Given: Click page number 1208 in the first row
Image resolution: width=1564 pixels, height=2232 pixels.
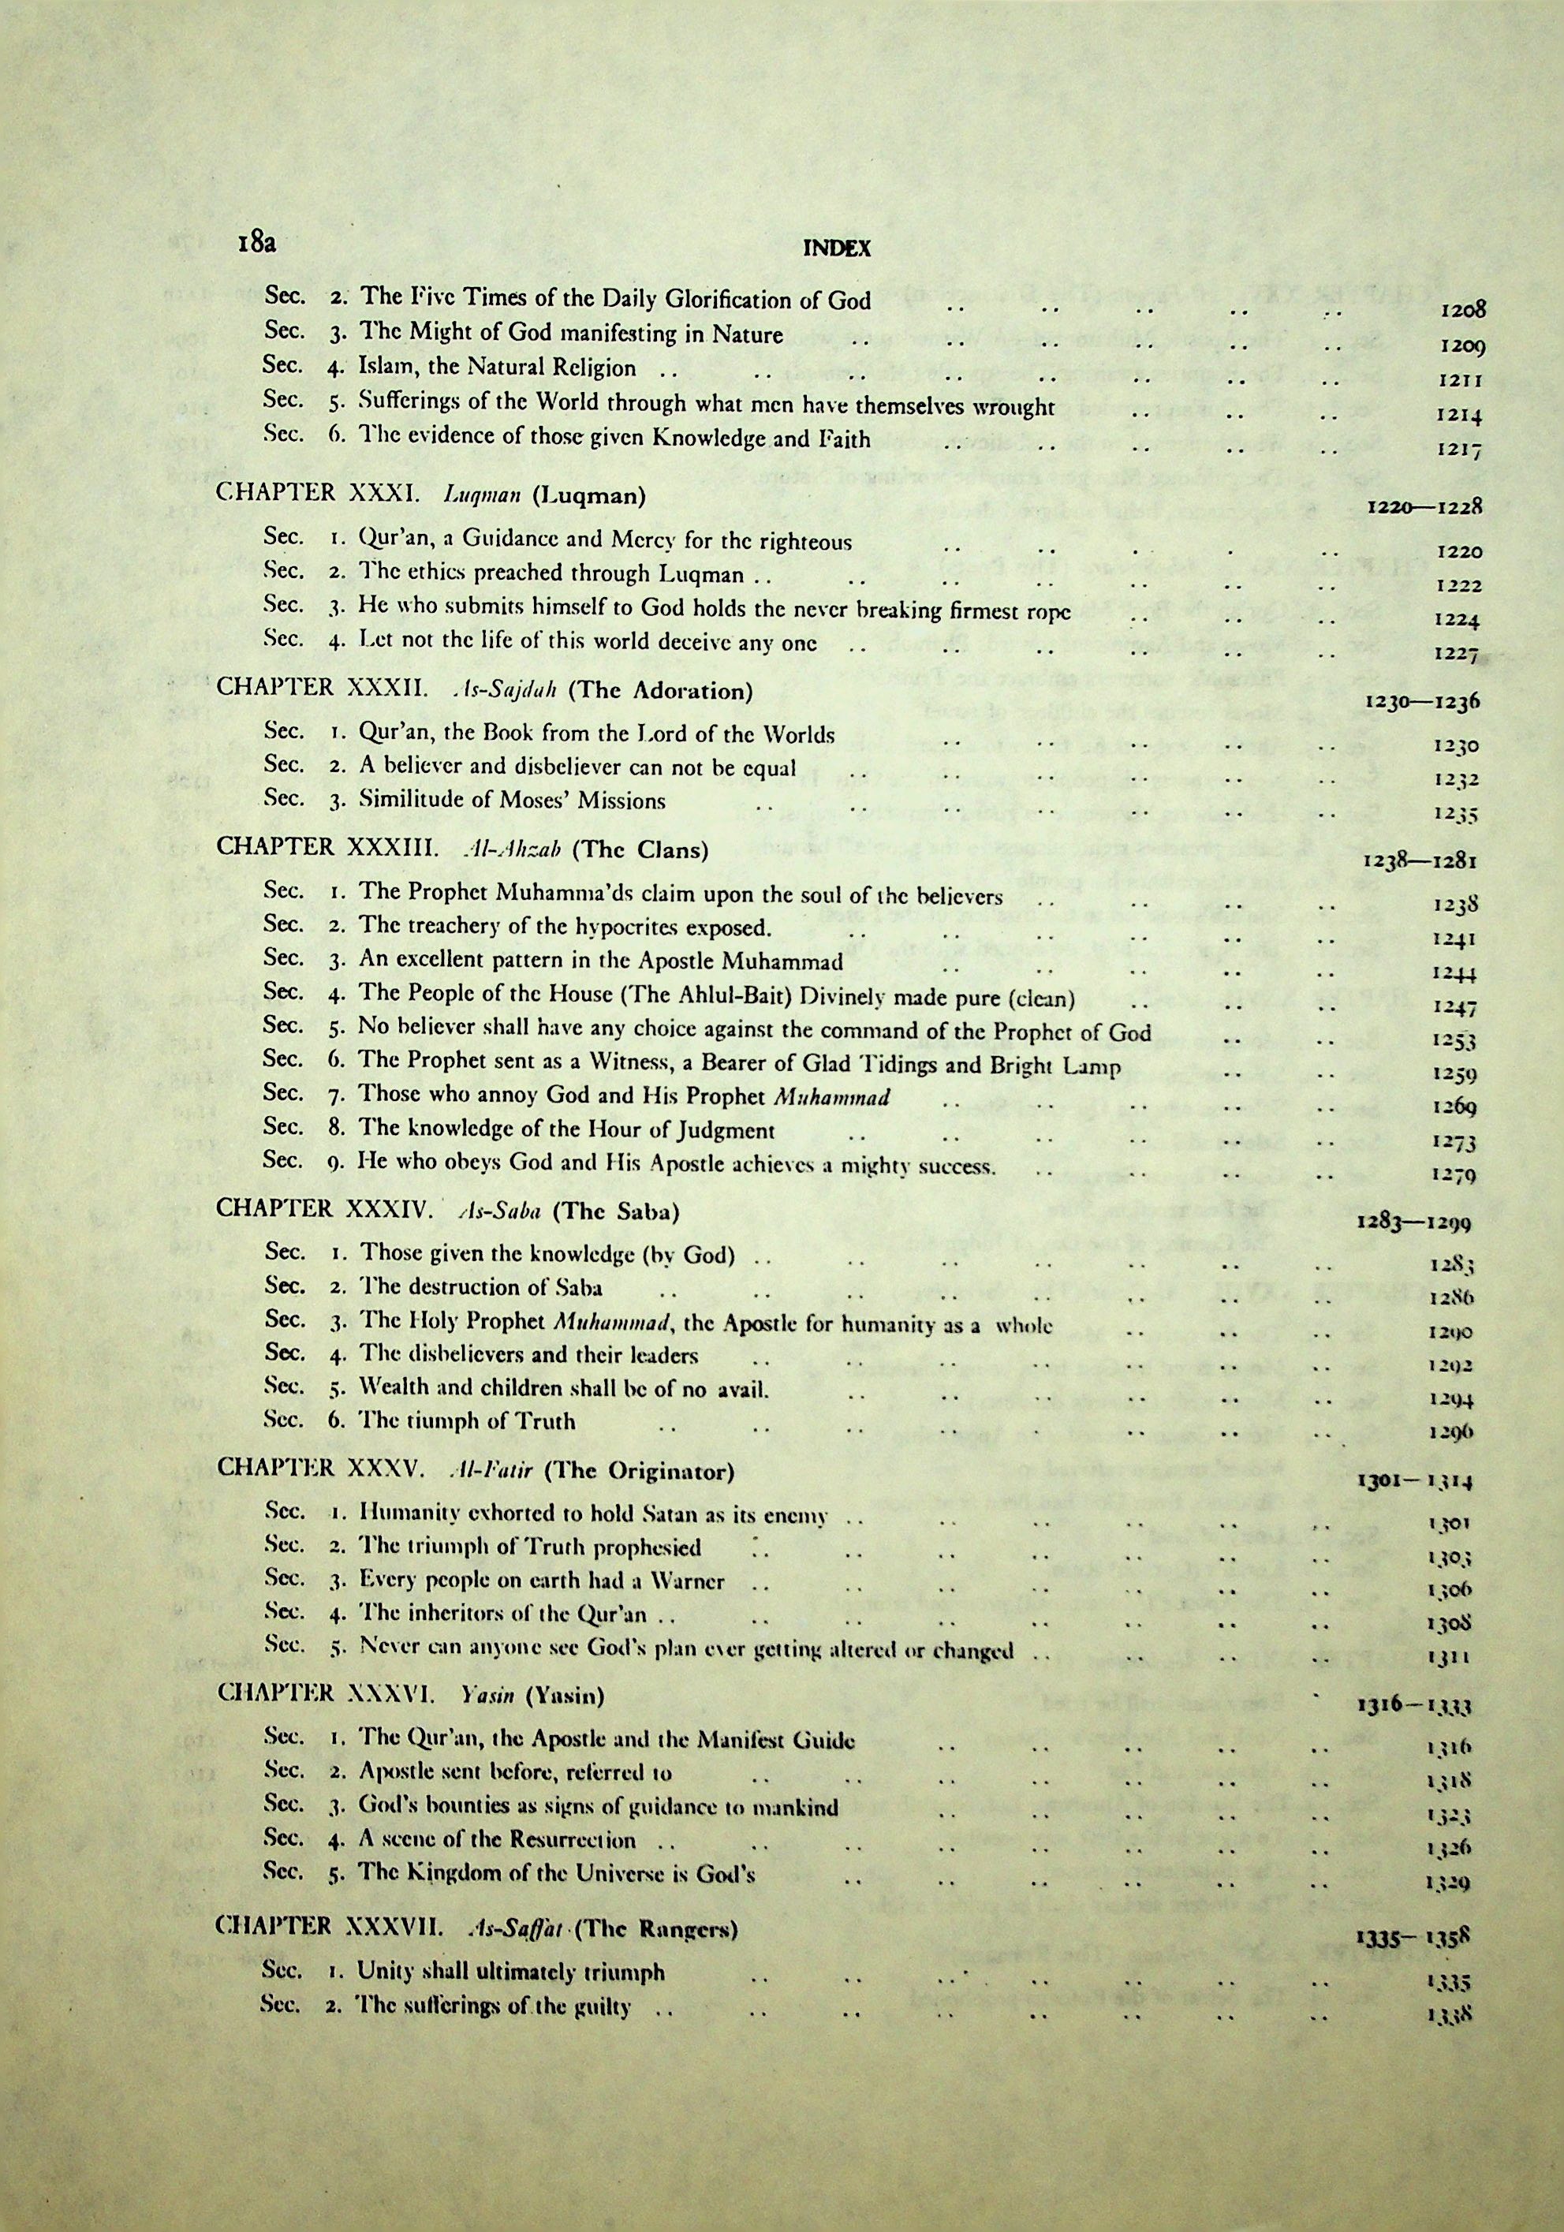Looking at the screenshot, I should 1461,310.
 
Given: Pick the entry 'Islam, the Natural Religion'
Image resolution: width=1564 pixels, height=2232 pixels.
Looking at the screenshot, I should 498,368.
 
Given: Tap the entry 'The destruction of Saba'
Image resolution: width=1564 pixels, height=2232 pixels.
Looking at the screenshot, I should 481,1287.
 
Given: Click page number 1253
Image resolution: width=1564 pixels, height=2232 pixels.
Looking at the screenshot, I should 1455,1040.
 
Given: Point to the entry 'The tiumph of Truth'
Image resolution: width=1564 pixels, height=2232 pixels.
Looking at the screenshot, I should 468,1420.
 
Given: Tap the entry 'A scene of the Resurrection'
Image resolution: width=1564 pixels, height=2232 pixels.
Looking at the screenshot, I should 498,1839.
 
